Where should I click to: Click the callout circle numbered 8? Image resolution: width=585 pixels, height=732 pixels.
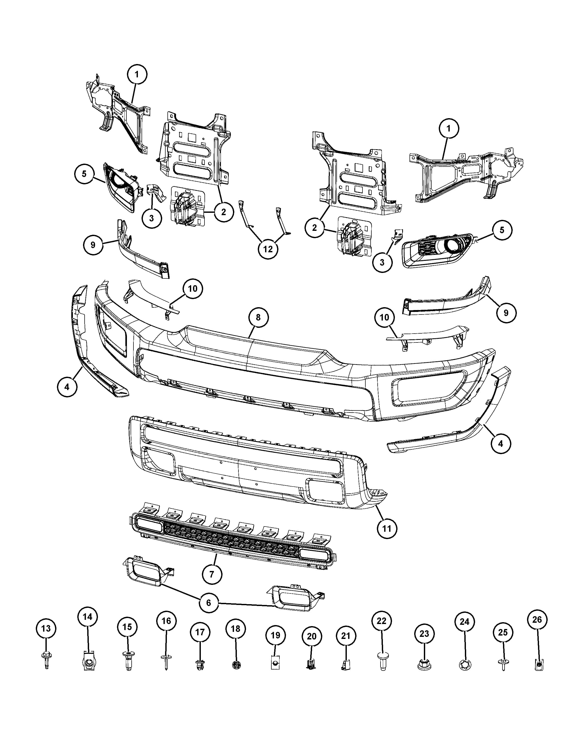pyautogui.click(x=258, y=317)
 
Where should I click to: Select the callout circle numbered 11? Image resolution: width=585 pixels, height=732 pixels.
pyautogui.click(x=387, y=528)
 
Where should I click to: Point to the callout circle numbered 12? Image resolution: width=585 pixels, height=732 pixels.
pyautogui.click(x=268, y=249)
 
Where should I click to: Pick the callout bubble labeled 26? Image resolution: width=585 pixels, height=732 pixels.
pyautogui.click(x=537, y=620)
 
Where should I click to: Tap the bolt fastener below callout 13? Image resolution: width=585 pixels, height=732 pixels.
pyautogui.click(x=46, y=660)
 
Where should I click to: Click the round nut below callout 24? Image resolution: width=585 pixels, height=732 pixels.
pyautogui.click(x=466, y=665)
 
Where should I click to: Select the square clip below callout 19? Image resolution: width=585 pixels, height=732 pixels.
pyautogui.click(x=275, y=662)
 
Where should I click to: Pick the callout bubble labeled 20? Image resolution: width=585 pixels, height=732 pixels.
pyautogui.click(x=312, y=636)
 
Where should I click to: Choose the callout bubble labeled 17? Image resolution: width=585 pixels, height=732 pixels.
pyautogui.click(x=200, y=632)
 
